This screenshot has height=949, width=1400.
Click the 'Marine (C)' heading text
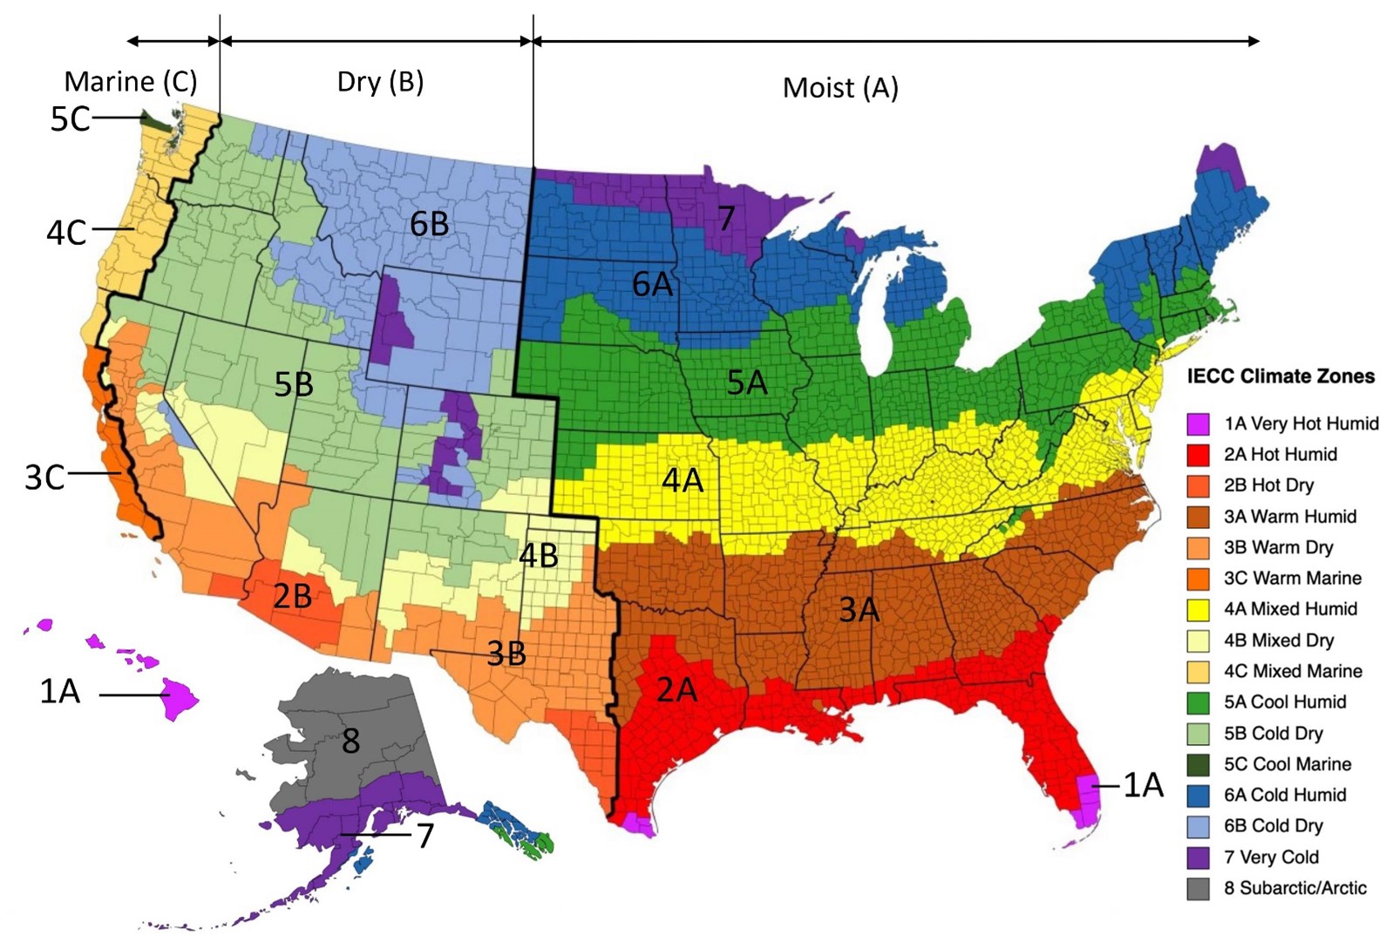pyautogui.click(x=131, y=82)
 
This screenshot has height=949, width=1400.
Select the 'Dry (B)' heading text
pyautogui.click(x=380, y=82)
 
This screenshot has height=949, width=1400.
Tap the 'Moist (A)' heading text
pyautogui.click(x=839, y=87)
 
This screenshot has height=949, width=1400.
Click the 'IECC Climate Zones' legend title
pyautogui.click(x=1280, y=376)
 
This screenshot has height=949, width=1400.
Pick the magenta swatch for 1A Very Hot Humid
pyautogui.click(x=1198, y=424)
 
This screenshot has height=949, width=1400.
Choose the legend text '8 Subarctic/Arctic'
pyautogui.click(x=1295, y=888)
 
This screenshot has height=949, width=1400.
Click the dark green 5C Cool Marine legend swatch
pyautogui.click(x=1198, y=764)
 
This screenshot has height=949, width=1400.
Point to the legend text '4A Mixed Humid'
pyautogui.click(x=1290, y=609)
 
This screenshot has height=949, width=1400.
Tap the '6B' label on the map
pyautogui.click(x=430, y=225)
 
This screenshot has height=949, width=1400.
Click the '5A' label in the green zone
pyautogui.click(x=747, y=382)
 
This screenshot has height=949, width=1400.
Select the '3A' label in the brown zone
pyautogui.click(x=859, y=610)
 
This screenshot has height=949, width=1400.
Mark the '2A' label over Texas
pyautogui.click(x=676, y=690)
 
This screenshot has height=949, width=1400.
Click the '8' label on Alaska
pyautogui.click(x=350, y=741)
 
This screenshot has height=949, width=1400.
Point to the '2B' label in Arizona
pyautogui.click(x=293, y=596)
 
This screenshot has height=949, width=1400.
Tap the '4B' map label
pyautogui.click(x=538, y=555)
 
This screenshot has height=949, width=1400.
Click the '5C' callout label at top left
pyautogui.click(x=70, y=119)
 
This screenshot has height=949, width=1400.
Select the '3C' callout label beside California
pyautogui.click(x=44, y=478)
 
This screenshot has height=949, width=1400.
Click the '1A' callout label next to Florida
pyautogui.click(x=1142, y=785)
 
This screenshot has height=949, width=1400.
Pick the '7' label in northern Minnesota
pyautogui.click(x=726, y=218)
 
